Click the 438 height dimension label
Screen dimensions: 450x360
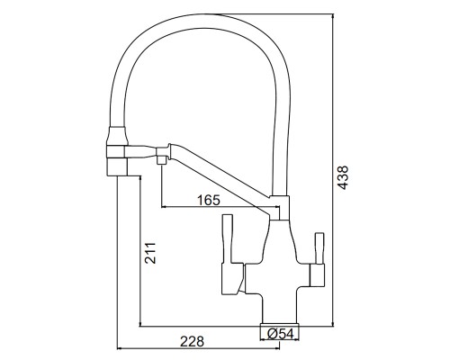(343, 177)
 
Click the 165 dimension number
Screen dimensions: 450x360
(209, 200)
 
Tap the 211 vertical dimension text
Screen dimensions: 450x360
(150, 253)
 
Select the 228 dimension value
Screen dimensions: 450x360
(192, 341)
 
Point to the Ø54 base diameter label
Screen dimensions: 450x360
(280, 334)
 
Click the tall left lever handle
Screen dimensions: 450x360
(228, 239)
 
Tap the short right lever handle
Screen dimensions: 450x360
(319, 248)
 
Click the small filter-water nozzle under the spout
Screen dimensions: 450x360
(162, 159)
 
